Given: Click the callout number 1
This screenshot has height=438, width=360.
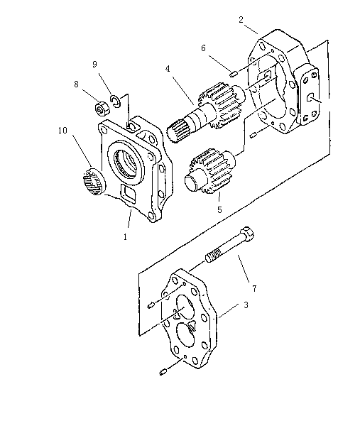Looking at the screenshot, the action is click(125, 236).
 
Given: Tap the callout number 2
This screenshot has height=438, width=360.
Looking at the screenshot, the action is click(241, 20).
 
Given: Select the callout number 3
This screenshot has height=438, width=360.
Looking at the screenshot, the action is click(246, 305).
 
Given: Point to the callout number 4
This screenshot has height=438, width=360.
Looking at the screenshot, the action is click(168, 69).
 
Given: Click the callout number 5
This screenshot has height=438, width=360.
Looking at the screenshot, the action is click(219, 209).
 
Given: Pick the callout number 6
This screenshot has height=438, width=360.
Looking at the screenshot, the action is click(203, 48).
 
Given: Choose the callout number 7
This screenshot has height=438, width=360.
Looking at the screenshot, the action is click(254, 288).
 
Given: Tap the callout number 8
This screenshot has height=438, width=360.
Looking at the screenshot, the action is click(76, 84).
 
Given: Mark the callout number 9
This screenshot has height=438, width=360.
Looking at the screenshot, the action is click(94, 65).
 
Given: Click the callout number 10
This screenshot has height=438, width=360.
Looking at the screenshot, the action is click(63, 130).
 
